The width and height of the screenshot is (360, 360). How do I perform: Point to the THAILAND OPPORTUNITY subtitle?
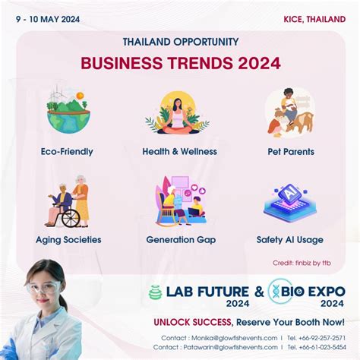click(x=180, y=42)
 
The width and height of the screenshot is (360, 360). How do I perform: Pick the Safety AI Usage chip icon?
click(x=290, y=201)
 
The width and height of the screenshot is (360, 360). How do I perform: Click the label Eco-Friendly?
click(x=67, y=151)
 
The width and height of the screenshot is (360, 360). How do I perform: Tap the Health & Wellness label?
click(x=179, y=151)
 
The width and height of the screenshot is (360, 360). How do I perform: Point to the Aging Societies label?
click(x=68, y=239)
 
